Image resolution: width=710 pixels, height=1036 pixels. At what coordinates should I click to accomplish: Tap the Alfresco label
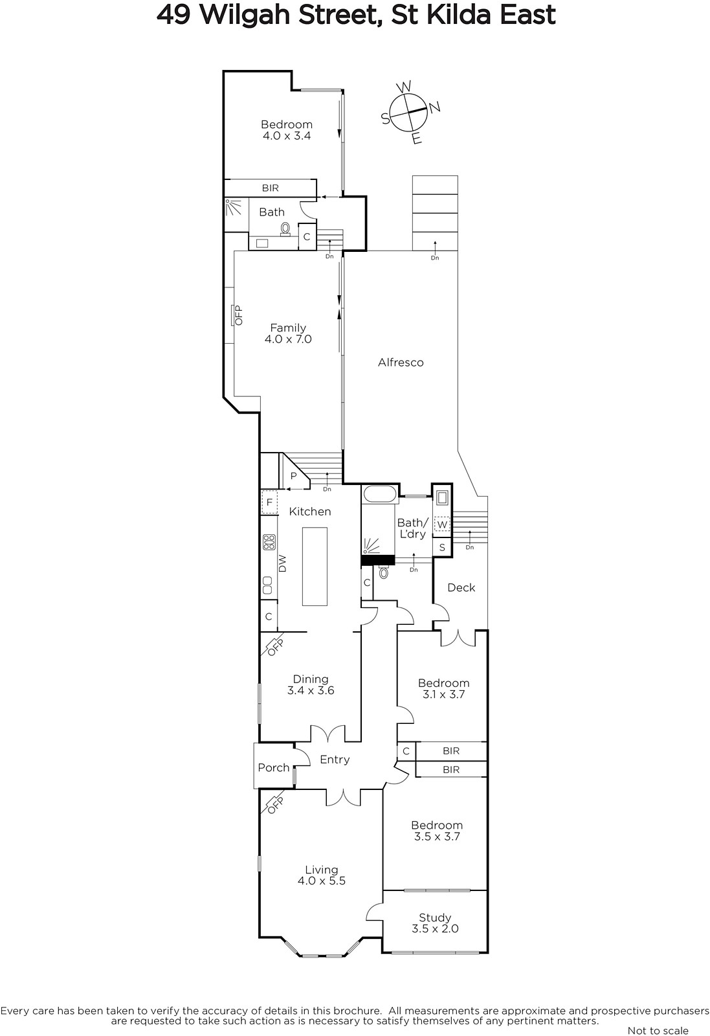pyautogui.click(x=401, y=363)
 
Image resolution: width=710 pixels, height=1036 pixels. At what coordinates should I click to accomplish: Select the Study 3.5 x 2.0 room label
pyautogui.click(x=435, y=923)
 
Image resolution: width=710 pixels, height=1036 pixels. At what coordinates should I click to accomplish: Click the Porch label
pyautogui.click(x=274, y=768)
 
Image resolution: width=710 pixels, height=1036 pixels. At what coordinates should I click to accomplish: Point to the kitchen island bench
pyautogui.click(x=315, y=566)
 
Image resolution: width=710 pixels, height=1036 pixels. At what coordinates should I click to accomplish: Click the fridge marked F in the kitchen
pyautogui.click(x=269, y=502)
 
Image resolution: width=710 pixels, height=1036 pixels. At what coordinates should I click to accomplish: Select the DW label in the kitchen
pyautogui.click(x=283, y=564)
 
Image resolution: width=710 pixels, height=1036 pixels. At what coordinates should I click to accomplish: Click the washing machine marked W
pyautogui.click(x=442, y=524)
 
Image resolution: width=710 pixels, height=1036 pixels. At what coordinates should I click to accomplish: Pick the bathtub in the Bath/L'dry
pyautogui.click(x=379, y=494)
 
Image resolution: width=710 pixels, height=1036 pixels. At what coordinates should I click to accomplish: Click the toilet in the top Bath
pyautogui.click(x=285, y=229)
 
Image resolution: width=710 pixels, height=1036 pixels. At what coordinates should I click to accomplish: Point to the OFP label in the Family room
pyautogui.click(x=239, y=315)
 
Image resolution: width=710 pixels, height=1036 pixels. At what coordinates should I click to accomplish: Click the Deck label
pyautogui.click(x=461, y=587)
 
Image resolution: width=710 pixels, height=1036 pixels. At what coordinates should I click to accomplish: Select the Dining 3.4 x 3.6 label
pyautogui.click(x=311, y=684)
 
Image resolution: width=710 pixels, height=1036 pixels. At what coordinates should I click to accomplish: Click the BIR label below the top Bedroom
pyautogui.click(x=271, y=188)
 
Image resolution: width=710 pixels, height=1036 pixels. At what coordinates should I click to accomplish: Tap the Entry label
pyautogui.click(x=335, y=760)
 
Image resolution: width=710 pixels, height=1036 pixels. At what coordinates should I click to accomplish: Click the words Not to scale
pyautogui.click(x=658, y=1030)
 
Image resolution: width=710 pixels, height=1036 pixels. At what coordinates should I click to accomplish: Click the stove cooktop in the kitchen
pyautogui.click(x=269, y=542)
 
